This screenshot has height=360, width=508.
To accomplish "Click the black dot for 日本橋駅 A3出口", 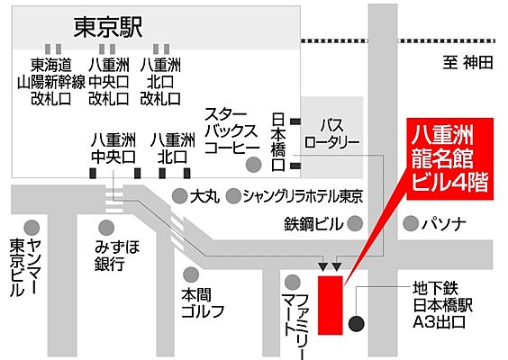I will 358,323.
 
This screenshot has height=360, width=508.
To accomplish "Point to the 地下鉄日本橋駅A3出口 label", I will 440,305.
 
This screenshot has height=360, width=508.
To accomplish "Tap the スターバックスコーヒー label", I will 232,132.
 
